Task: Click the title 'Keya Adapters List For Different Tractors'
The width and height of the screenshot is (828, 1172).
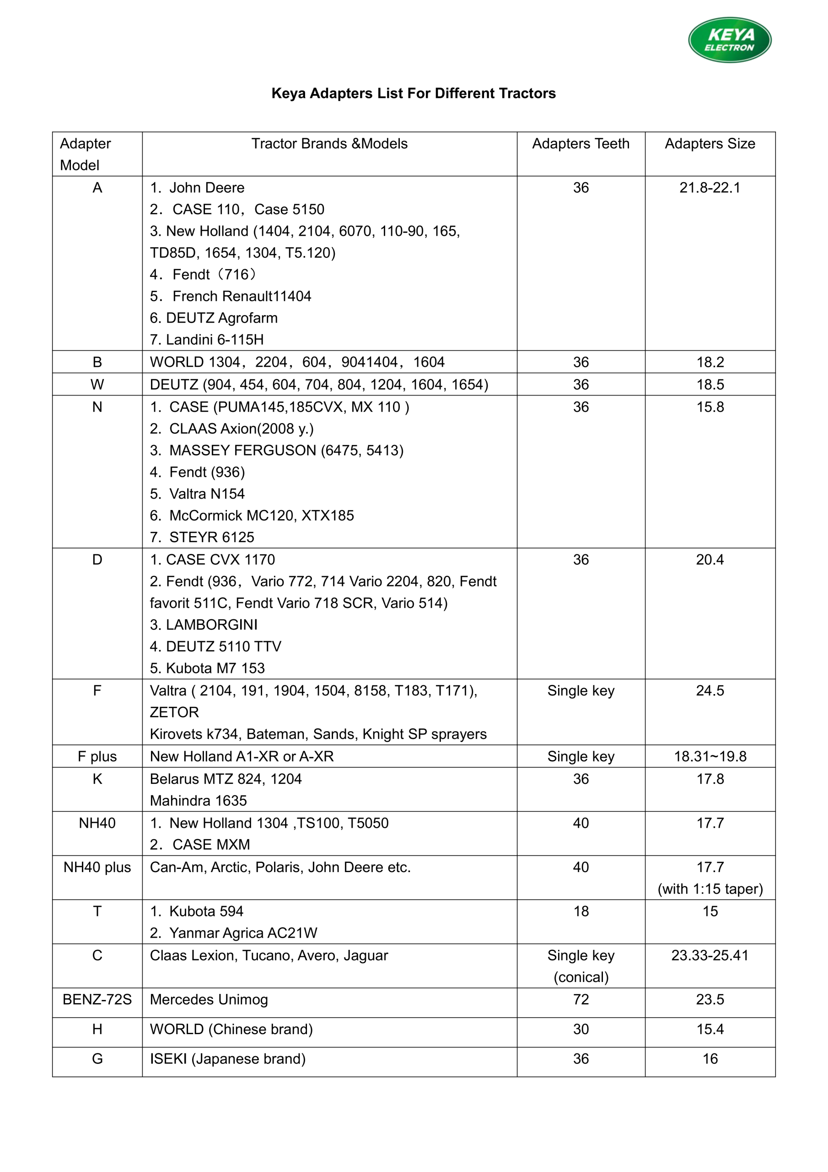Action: click(413, 93)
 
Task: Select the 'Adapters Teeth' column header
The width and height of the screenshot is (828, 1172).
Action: click(581, 144)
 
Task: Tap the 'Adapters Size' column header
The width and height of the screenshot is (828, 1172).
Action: click(710, 144)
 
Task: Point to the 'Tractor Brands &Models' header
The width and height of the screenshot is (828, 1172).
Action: click(329, 144)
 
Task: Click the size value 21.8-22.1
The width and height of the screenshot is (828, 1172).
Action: click(710, 188)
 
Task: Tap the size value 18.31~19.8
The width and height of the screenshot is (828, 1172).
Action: click(710, 756)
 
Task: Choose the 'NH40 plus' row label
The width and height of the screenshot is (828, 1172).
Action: click(97, 867)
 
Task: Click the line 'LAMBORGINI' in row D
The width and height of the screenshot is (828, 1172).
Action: click(204, 625)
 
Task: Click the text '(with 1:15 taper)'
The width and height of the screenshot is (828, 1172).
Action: click(710, 889)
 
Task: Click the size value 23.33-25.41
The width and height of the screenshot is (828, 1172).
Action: click(710, 955)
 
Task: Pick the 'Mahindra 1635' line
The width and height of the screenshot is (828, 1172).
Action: click(198, 801)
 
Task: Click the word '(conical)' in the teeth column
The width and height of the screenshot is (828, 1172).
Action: click(581, 977)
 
